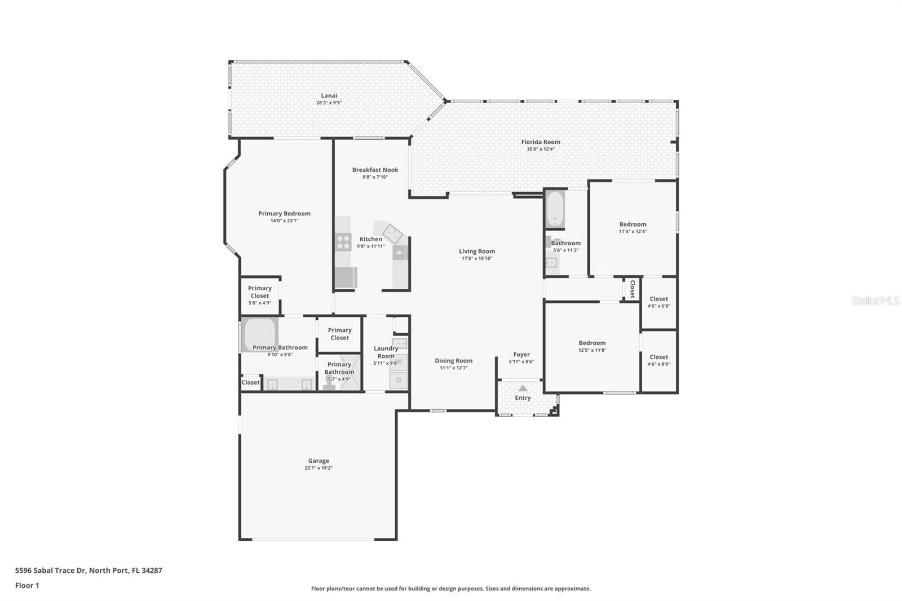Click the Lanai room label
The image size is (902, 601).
point(329,96)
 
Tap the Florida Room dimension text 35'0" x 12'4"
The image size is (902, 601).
point(540,149)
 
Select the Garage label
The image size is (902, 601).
point(319,461)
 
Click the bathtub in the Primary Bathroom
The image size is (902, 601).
point(260,334)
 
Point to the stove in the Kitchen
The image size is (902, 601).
point(343,242)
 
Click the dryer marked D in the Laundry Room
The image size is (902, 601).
point(399,381)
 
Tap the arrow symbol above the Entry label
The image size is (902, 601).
point(523,388)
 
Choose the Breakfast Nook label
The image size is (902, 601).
point(375,170)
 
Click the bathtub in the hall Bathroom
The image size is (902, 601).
point(555,209)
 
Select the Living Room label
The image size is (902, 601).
point(476,251)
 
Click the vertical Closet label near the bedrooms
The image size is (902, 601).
point(632,289)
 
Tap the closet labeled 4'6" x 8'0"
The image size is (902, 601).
point(658,360)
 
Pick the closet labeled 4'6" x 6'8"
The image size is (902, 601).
point(658,302)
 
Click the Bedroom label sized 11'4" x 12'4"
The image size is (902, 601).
point(633,224)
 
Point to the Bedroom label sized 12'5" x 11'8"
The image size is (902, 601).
point(592,343)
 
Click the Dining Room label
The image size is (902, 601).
point(453,361)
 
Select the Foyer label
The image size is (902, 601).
point(521,355)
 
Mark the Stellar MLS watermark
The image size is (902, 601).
point(875,300)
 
